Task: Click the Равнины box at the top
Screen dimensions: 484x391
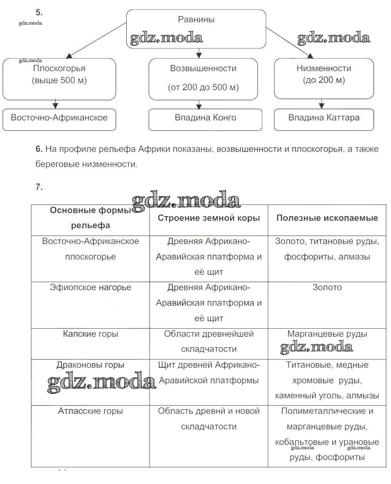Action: click(196, 28)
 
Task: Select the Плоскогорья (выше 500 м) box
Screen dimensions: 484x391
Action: click(59, 79)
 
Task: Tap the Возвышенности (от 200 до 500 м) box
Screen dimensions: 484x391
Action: click(203, 79)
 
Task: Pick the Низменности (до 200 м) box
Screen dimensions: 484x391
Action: click(324, 78)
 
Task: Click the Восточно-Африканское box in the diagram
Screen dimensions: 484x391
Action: click(59, 119)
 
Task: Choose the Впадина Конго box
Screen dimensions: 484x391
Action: click(205, 119)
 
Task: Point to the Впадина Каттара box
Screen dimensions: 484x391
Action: click(324, 119)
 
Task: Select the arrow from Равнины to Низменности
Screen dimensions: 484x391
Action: click(290, 43)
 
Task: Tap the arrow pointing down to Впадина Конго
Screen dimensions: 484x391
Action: click(199, 104)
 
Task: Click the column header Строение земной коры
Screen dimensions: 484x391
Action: click(209, 218)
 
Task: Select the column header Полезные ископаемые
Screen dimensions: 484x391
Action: click(327, 218)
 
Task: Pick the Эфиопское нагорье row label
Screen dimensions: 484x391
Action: click(90, 288)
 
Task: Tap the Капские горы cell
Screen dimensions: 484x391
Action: click(90, 334)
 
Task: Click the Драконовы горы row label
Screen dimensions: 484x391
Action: click(90, 365)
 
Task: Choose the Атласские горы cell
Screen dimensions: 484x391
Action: click(90, 411)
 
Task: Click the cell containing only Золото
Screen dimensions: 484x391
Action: click(327, 288)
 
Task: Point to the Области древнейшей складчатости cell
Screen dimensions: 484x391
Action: click(209, 342)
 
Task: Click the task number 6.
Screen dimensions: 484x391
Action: click(39, 149)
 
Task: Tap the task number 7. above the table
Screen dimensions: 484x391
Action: click(39, 187)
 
